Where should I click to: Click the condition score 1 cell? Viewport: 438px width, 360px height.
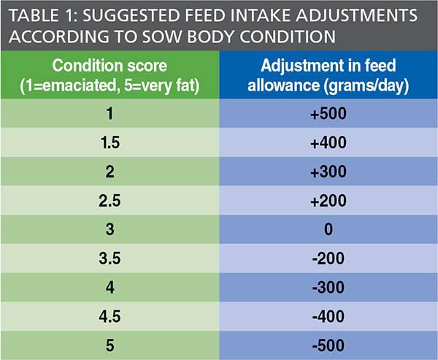click(x=109, y=113)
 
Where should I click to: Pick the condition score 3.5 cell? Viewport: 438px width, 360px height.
click(x=109, y=258)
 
